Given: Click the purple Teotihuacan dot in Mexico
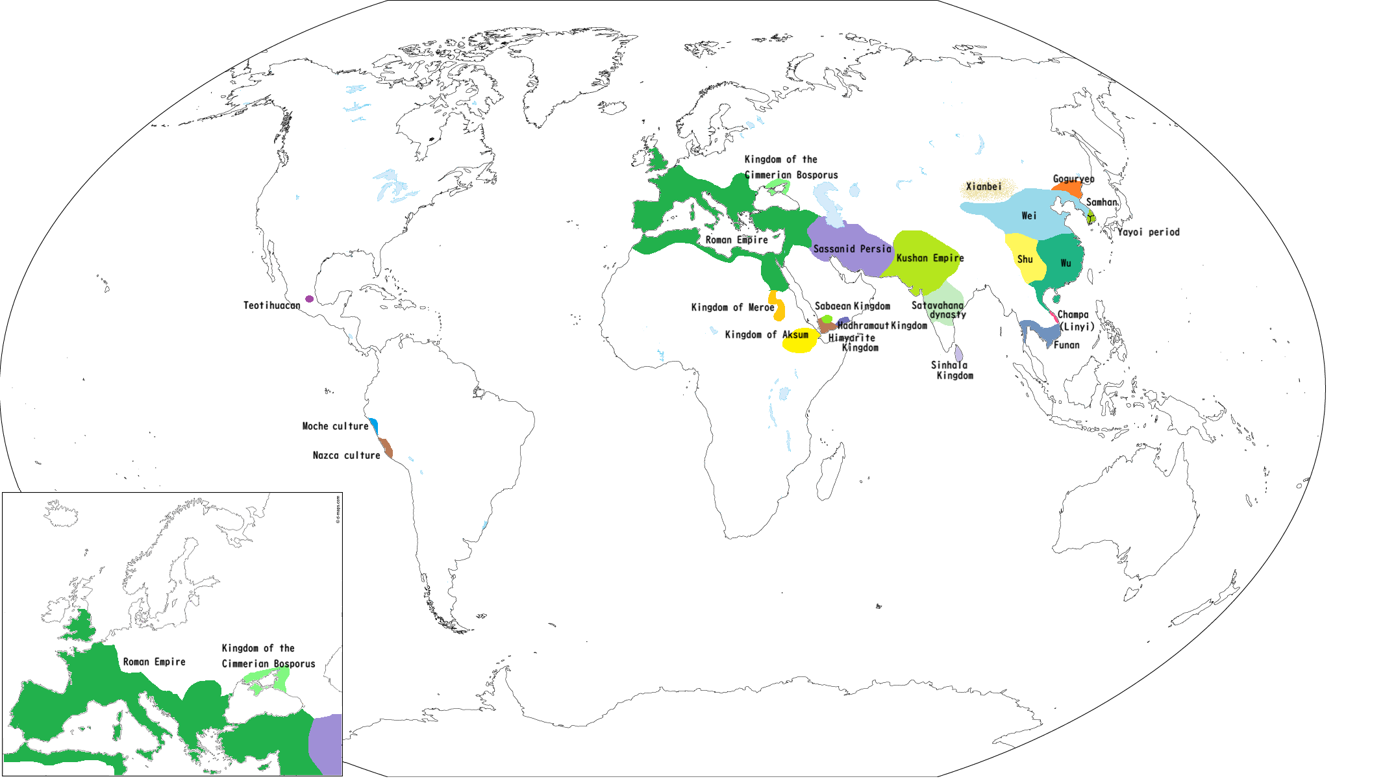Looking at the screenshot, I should (x=309, y=299).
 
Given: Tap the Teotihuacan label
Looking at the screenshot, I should (x=271, y=305).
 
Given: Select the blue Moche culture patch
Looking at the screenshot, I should (x=374, y=427).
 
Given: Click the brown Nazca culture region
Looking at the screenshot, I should (x=386, y=448).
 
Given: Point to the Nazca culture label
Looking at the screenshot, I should (x=346, y=456).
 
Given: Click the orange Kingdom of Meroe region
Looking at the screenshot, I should (x=779, y=306).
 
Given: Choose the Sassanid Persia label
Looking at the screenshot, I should (x=852, y=249).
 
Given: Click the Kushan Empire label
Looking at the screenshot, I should (x=930, y=258).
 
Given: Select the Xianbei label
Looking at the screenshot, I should (x=983, y=187).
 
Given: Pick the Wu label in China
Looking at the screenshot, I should (x=1066, y=263).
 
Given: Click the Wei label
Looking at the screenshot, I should (x=1028, y=216).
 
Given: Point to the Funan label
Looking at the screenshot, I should (x=1066, y=345).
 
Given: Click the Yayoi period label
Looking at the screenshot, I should (x=1148, y=232).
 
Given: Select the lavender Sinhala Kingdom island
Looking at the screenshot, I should (x=958, y=354).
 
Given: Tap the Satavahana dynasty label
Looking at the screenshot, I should (x=939, y=310).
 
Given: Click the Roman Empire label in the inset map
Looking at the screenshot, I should (x=154, y=662).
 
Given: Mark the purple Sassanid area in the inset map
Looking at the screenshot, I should (x=327, y=743).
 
